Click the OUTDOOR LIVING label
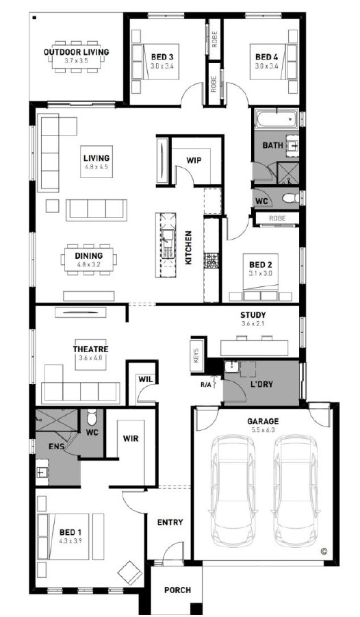(77, 52)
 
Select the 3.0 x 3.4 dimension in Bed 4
(266, 66)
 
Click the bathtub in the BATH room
(277, 119)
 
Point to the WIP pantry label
(194, 160)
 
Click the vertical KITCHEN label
(188, 247)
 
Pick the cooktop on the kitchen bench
(211, 260)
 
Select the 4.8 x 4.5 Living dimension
(96, 167)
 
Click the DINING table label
(88, 256)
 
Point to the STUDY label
(253, 315)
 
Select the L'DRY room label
(262, 384)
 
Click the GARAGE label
(263, 421)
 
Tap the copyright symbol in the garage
(324, 551)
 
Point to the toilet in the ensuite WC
(91, 417)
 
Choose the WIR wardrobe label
(131, 438)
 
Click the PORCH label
(177, 590)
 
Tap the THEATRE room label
(90, 349)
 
